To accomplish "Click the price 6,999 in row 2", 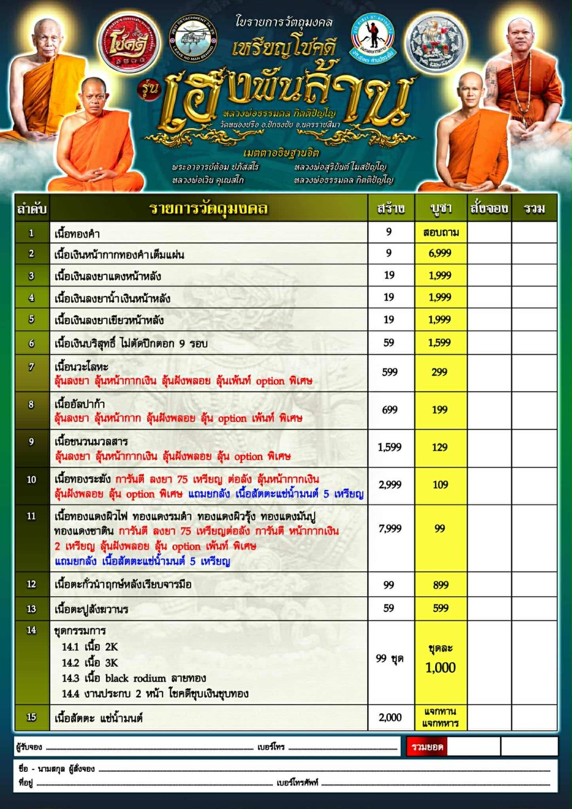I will tap(440, 254).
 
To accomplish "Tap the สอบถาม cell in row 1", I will tap(441, 232).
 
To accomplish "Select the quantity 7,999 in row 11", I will tap(390, 528).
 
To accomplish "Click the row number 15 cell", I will tap(31, 717).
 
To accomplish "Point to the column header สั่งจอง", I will tap(489, 208).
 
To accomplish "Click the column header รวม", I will tap(534, 208).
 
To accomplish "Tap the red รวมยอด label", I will tap(427, 747).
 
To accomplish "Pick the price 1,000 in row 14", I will tap(440, 668).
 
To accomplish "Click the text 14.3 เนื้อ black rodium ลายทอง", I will tap(133, 678).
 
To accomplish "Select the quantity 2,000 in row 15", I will tap(390, 718).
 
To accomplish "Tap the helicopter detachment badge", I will tap(192, 38).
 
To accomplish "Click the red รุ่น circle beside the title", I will tap(149, 89).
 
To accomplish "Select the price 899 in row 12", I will tap(441, 585).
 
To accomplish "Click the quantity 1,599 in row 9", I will tap(390, 448).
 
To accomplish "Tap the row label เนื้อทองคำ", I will tap(77, 233).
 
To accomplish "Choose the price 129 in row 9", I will tap(440, 448).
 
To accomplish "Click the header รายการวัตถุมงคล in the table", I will tap(208, 208).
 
